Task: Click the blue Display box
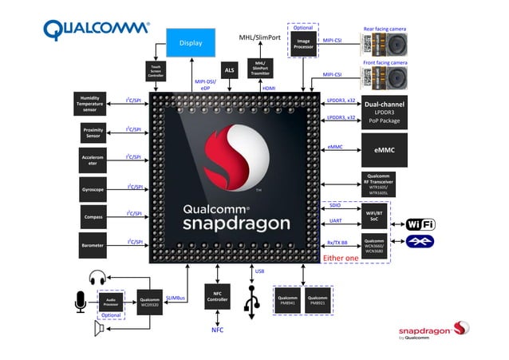tap(191, 42)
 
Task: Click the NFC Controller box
tap(217, 297)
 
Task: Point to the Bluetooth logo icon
tap(420, 240)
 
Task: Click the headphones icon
tap(98, 278)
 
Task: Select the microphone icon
tap(80, 301)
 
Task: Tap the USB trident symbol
tap(254, 303)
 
